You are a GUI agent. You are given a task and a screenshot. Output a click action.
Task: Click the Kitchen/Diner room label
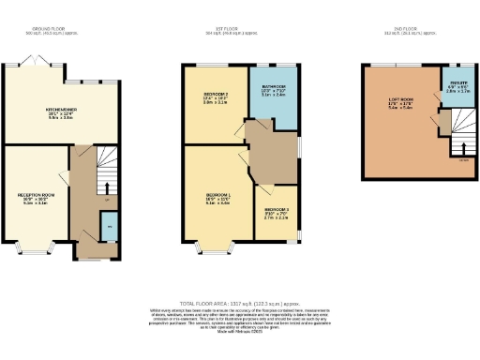61,109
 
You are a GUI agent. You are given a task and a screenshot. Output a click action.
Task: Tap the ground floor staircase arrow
106,187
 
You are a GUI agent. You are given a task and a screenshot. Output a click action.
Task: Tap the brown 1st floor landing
272,151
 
